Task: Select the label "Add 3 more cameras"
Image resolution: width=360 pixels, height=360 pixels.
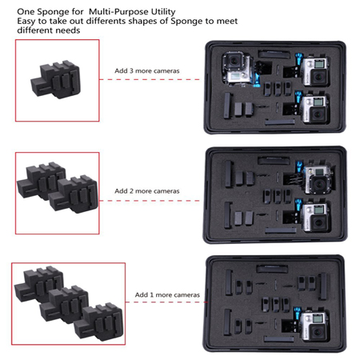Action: (146, 71)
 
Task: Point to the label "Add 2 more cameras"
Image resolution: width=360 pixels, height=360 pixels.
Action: (146, 192)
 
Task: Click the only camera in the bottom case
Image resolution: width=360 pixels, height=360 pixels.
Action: (318, 326)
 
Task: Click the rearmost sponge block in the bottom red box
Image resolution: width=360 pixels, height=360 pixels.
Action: (37, 282)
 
